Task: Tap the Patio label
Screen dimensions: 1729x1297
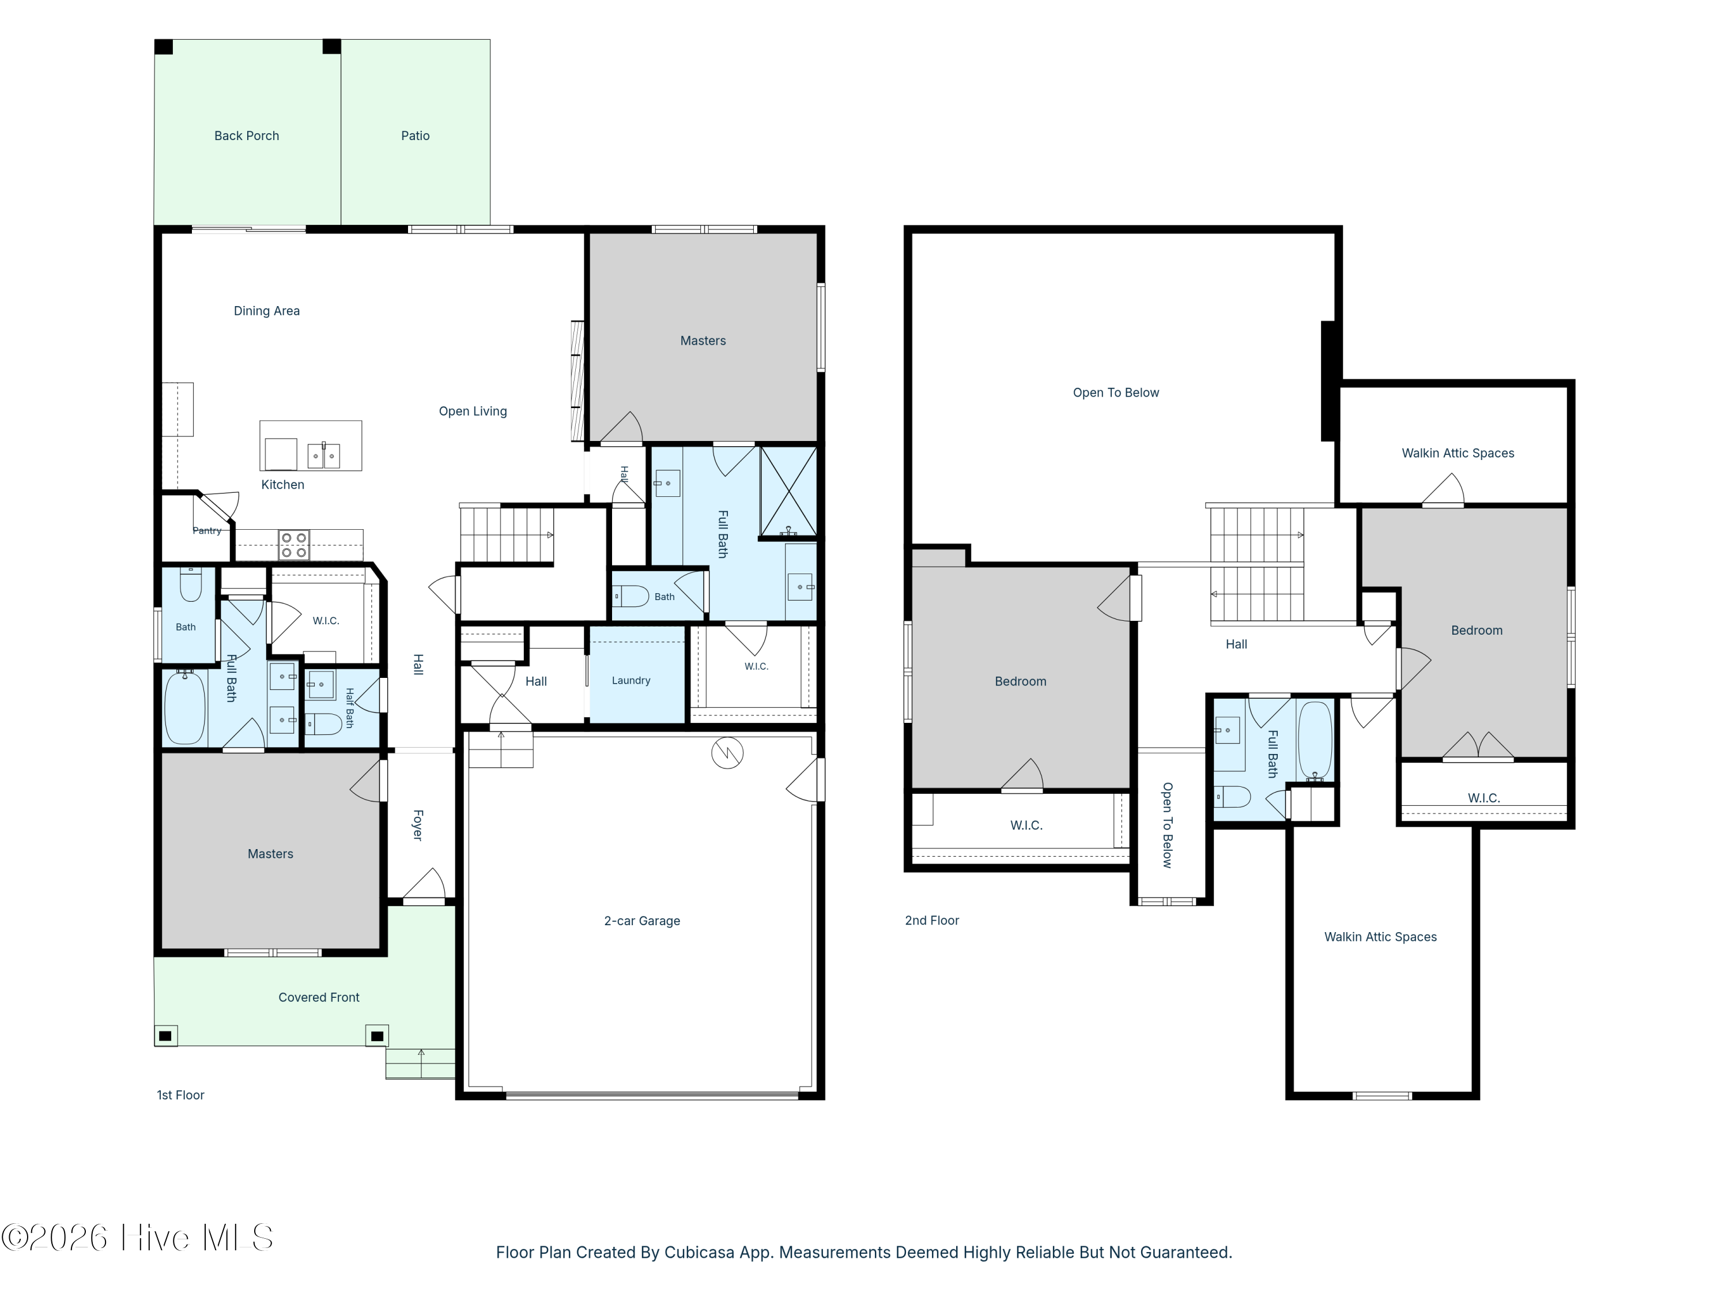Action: tap(415, 136)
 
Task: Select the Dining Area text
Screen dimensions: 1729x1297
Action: tap(266, 311)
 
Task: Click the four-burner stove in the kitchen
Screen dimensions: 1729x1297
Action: tap(294, 545)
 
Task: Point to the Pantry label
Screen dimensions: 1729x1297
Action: tap(207, 531)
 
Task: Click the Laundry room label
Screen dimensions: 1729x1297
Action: tap(631, 681)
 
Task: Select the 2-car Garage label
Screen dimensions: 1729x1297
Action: tap(641, 921)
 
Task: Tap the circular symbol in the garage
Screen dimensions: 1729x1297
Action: tap(727, 753)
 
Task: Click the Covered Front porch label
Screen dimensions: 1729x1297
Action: tap(319, 998)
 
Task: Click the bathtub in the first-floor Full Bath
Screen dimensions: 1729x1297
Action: tap(185, 707)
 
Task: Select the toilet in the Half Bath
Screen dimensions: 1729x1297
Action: tap(323, 724)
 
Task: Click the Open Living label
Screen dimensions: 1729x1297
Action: tap(473, 411)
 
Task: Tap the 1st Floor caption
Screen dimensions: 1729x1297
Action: tap(180, 1095)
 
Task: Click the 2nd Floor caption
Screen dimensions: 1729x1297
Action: tap(932, 921)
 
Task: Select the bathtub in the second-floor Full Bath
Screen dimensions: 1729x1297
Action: tap(1315, 740)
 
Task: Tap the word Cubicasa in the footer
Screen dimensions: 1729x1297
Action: tap(700, 1253)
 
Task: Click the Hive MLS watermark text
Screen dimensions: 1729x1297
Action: tap(138, 1238)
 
